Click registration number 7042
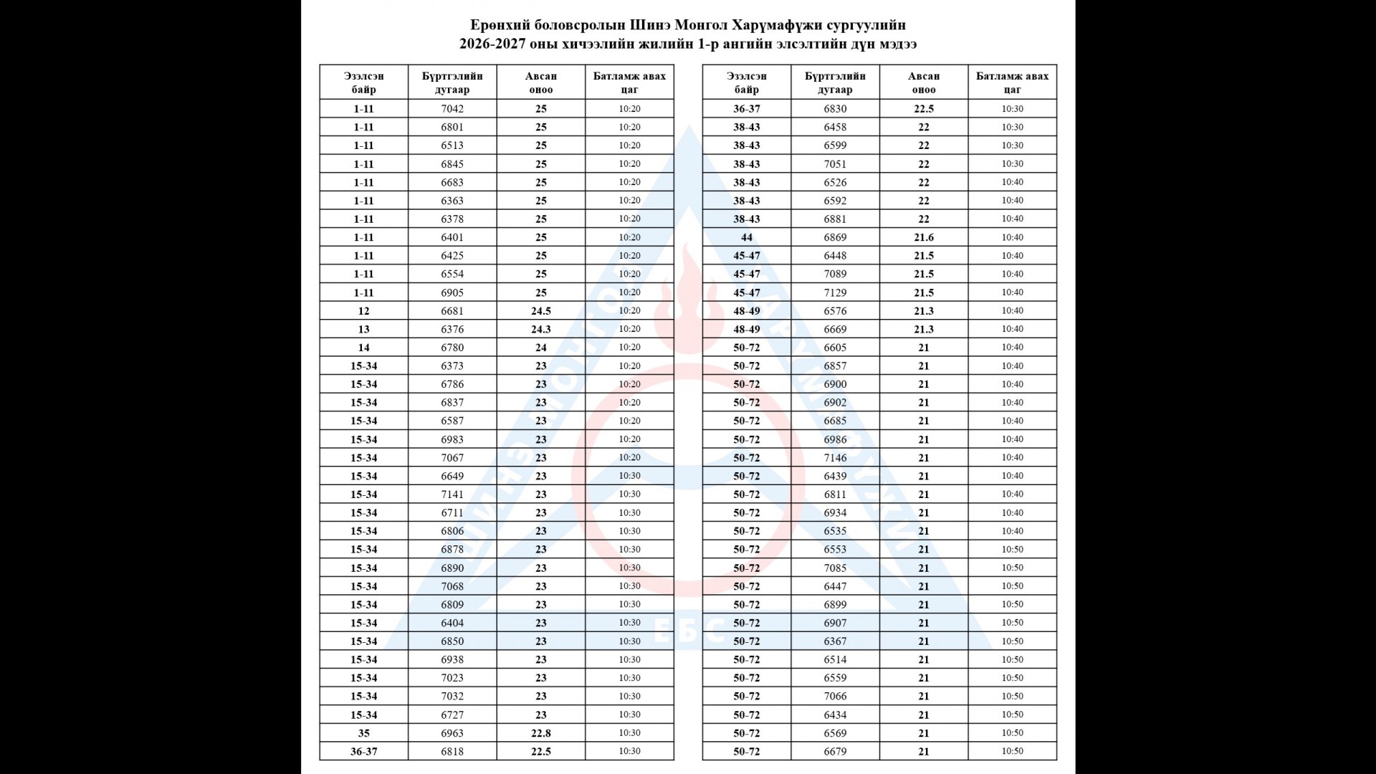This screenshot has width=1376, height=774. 452,109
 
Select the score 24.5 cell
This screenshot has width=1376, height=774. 541,311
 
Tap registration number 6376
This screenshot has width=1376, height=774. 452,329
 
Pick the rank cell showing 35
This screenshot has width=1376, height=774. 364,733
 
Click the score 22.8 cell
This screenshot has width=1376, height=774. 541,733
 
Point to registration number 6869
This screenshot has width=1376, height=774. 835,237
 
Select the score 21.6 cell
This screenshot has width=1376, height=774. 924,237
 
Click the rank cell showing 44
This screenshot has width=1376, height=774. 747,237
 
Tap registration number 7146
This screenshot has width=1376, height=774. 835,457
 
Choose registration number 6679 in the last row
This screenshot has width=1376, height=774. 835,752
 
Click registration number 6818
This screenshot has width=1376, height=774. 452,752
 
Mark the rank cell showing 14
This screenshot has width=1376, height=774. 364,348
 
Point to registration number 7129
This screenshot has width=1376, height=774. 835,292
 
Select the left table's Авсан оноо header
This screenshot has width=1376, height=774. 541,82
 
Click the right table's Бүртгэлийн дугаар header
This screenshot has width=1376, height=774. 835,82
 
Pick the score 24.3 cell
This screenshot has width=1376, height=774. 541,329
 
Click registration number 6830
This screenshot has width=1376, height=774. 835,109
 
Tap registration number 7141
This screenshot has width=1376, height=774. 452,494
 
